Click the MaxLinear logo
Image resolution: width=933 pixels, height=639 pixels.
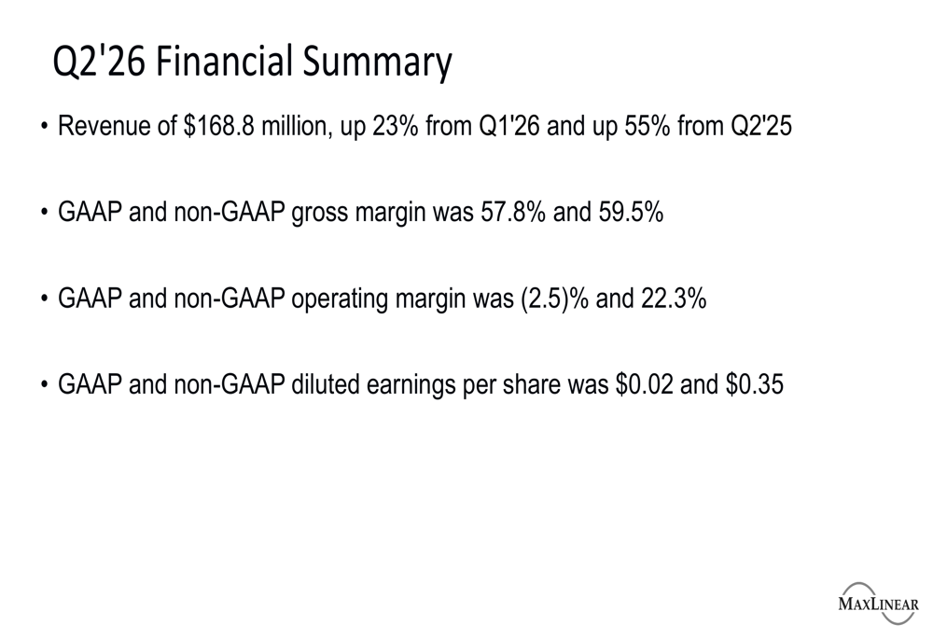click(878, 604)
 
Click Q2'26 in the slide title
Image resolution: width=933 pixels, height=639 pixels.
click(99, 63)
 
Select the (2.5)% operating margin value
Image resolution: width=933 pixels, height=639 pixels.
click(554, 299)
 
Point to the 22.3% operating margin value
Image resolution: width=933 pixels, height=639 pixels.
click(674, 299)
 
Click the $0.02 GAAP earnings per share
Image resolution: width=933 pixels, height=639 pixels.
click(645, 384)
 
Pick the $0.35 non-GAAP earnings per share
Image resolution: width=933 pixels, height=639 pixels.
click(755, 384)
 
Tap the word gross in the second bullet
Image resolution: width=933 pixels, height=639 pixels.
click(319, 214)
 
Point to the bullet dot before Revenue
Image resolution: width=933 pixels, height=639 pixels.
click(44, 127)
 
